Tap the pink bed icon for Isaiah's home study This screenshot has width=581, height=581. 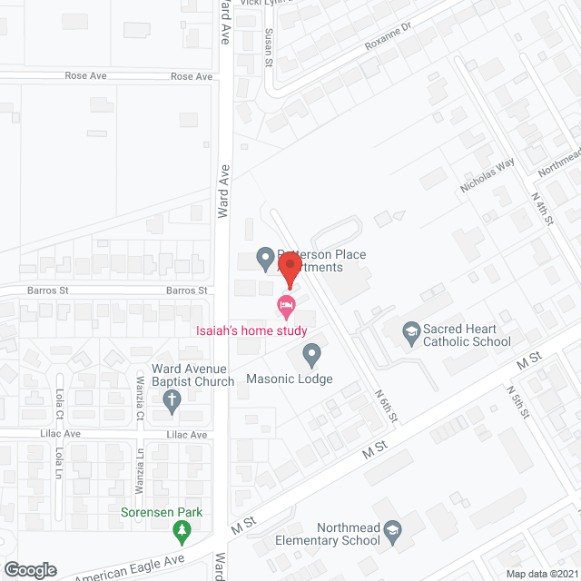tap(287, 305)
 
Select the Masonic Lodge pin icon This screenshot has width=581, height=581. tap(311, 352)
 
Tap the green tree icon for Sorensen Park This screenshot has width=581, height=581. tap(182, 529)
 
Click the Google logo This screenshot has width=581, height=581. tap(29, 569)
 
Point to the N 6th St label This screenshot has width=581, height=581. tap(387, 406)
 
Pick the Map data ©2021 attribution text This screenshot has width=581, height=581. tap(543, 573)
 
